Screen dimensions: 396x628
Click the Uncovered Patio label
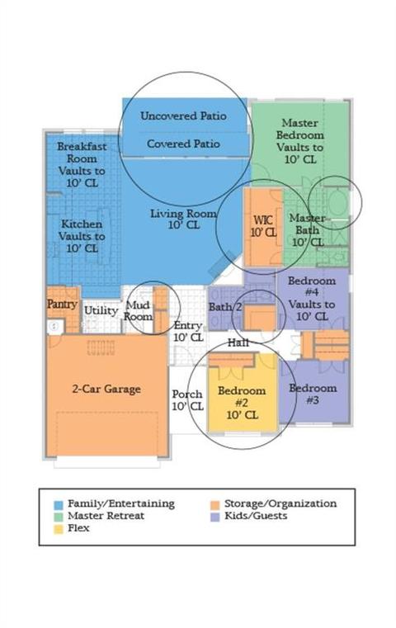tap(183, 116)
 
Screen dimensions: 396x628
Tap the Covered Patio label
tap(183, 144)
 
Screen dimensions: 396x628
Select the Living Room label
tap(183, 219)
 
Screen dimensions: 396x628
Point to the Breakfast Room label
tap(82, 153)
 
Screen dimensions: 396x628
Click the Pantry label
tap(62, 305)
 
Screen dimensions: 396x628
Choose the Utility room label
tap(101, 310)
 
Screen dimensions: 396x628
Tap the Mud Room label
tap(138, 311)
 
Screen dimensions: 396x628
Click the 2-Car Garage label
tap(106, 389)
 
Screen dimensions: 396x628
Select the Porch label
tap(187, 394)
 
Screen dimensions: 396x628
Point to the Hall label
tap(238, 342)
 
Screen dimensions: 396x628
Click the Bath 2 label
tap(225, 307)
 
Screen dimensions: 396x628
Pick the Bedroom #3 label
tap(313, 394)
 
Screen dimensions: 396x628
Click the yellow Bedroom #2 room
tap(243, 399)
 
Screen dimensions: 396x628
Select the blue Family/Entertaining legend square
tap(59, 505)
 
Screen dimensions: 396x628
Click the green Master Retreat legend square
tap(59, 517)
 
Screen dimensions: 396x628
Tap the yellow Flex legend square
tap(59, 529)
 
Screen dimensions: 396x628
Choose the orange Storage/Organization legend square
tap(215, 505)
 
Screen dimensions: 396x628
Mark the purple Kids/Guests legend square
tap(215, 517)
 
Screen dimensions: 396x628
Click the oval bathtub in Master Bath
tap(337, 202)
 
